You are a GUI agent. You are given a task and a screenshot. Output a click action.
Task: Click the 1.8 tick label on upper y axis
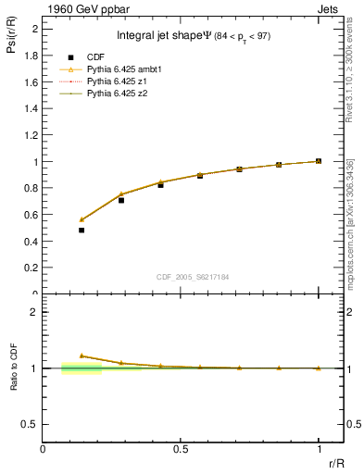coord(32,56)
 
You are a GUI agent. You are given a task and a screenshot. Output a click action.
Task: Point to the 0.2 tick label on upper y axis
coord(32,268)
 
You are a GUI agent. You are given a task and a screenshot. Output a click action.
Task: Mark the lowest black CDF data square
coord(82,230)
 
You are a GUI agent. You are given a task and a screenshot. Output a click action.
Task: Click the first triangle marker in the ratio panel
coord(82,355)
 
